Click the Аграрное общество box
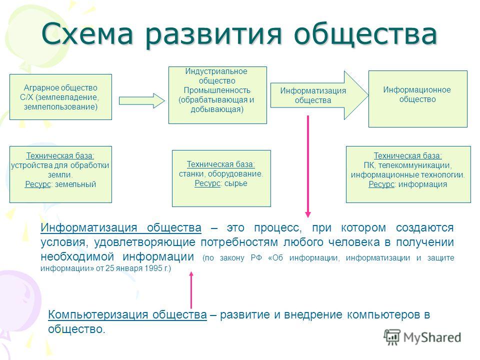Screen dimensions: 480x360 pos(60,96)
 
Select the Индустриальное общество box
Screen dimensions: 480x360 pos(217,95)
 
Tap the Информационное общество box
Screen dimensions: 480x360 pos(418,99)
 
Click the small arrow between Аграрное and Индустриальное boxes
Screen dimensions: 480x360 pos(141,100)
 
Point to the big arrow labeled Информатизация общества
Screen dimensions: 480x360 pos(319,95)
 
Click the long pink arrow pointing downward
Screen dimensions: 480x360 pos(308,166)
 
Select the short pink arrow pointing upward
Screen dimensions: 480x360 pos(191,290)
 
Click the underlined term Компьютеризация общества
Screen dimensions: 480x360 pos(127,314)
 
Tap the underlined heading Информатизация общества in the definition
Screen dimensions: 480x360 pos(121,228)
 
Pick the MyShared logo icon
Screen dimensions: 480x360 pos(392,337)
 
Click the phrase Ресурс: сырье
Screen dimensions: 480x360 pos(221,183)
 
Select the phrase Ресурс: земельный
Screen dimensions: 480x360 pos(60,184)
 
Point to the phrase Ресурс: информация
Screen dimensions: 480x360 pos(408,184)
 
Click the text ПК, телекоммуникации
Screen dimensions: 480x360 pos(408,165)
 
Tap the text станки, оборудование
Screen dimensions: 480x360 pos(221,174)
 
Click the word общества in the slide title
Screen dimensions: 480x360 pos(365,34)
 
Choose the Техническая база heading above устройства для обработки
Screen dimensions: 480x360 pos(60,156)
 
